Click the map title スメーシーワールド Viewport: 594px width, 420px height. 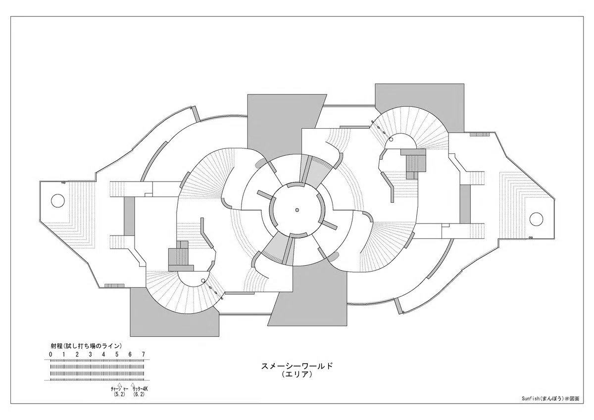coord(297,366)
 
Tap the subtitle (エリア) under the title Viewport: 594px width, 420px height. coord(297,374)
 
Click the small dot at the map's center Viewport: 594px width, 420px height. coord(297,210)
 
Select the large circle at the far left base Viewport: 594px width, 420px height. coord(57,200)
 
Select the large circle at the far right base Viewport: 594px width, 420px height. coord(536,219)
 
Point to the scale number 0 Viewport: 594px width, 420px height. coord(50,355)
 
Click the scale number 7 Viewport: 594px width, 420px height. coord(144,355)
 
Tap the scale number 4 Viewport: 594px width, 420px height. coord(103,355)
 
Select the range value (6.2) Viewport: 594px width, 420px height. coord(139,394)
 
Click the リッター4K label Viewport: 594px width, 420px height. coord(139,389)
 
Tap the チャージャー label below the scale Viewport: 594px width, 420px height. coord(120,389)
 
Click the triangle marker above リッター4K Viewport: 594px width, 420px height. coord(133,384)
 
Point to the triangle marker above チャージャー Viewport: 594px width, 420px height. coord(120,384)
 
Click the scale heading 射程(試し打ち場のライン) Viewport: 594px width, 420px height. coord(86,346)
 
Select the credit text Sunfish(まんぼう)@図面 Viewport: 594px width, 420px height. coord(550,406)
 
